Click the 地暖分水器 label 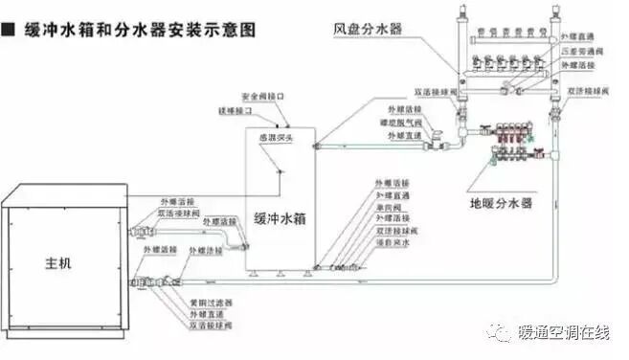pos(502,202)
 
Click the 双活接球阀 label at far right pos(588,91)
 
